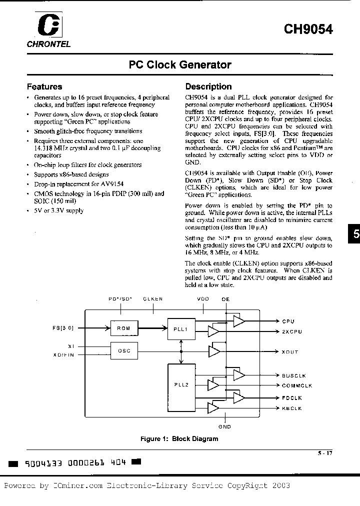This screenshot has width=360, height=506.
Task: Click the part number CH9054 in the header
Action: pyautogui.click(x=308, y=29)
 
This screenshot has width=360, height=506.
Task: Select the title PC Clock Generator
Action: pyautogui.click(x=180, y=65)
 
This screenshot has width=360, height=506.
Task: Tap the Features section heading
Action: pyautogui.click(x=44, y=86)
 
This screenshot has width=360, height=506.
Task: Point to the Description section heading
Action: pyautogui.click(x=208, y=86)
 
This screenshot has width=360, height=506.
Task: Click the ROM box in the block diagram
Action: pyautogui.click(x=124, y=328)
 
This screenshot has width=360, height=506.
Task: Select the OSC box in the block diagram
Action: pyautogui.click(x=124, y=350)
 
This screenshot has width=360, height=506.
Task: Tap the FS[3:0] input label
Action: pyautogui.click(x=63, y=328)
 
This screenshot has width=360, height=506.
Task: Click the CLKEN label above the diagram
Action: pyautogui.click(x=152, y=299)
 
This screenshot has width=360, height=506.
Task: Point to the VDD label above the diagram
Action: pyautogui.click(x=202, y=299)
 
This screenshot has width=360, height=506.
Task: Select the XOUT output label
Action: pyautogui.click(x=290, y=352)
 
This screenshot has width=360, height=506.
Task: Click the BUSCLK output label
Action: pyautogui.click(x=293, y=375)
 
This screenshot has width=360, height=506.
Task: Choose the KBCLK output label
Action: pyautogui.click(x=292, y=408)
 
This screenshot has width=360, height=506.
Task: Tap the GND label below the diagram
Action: pyautogui.click(x=224, y=427)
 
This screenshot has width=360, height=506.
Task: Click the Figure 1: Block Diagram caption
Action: pyautogui.click(x=179, y=439)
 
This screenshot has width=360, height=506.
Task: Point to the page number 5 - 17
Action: pyautogui.click(x=325, y=453)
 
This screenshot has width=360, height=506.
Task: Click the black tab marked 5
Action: pyautogui.click(x=354, y=234)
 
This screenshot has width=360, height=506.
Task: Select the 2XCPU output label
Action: pyautogui.click(x=292, y=332)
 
